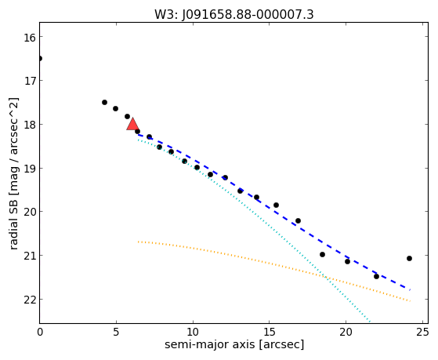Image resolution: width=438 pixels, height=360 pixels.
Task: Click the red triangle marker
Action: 132,124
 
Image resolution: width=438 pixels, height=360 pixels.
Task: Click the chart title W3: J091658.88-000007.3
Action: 234,14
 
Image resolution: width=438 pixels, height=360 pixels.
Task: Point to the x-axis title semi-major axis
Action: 234,344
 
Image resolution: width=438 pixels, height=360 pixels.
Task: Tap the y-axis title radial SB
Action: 13,173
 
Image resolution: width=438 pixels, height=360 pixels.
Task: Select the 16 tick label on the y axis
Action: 29,38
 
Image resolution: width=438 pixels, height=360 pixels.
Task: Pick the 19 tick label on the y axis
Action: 29,169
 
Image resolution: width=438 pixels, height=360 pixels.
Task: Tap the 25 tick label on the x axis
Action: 422,332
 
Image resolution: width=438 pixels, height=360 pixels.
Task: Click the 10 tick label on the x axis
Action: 193,332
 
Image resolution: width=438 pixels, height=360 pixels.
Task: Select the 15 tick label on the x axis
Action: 269,332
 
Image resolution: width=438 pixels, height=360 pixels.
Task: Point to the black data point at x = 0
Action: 40,59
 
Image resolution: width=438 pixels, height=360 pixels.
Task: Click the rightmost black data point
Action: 409,259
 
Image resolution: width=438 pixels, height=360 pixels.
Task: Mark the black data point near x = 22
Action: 376,276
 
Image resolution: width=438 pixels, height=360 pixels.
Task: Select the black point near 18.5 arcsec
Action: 322,255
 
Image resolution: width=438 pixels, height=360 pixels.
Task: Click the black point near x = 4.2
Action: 104,103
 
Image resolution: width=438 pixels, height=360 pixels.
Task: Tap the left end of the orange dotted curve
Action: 138,242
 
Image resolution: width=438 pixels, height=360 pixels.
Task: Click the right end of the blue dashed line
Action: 410,289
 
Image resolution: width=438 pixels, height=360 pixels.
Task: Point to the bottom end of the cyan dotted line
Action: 370,322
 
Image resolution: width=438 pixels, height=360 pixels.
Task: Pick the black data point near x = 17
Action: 298,220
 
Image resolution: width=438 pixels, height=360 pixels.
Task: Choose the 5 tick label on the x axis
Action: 116,332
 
